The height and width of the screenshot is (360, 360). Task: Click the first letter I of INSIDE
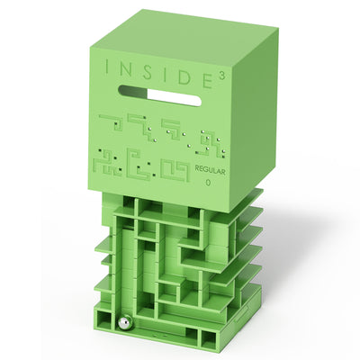(x=106, y=67)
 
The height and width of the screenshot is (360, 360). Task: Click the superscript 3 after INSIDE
(x=221, y=76)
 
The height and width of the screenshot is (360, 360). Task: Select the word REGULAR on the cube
(x=210, y=170)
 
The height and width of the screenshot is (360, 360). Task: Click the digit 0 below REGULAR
(x=208, y=182)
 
